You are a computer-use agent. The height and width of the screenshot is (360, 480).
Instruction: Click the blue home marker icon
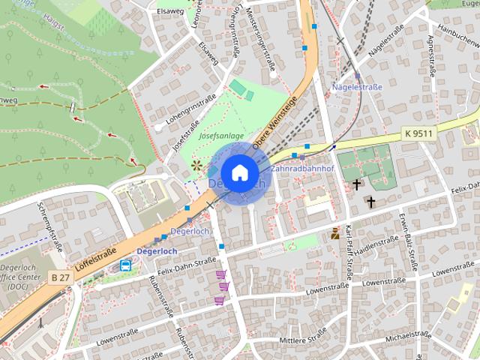pos(239,173)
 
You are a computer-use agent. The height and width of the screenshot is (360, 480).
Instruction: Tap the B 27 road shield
pos(61,277)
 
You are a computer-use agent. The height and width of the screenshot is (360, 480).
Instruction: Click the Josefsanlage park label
pos(221,136)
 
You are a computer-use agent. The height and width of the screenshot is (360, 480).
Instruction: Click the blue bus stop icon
pos(126,265)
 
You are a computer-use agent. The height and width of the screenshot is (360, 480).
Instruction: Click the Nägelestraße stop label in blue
pos(357,88)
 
